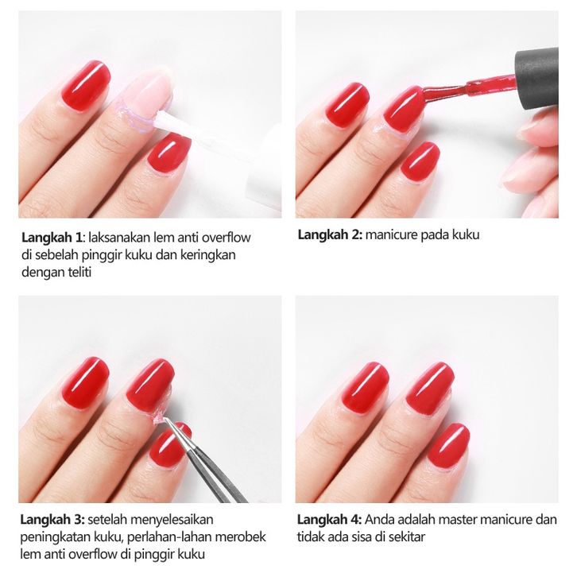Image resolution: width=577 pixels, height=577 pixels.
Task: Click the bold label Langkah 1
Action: coord(52,238)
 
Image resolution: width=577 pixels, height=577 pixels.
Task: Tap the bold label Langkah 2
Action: coord(330,234)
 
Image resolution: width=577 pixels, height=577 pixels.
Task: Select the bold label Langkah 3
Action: coord(52,520)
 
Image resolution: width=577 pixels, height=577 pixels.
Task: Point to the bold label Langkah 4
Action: coord(329,520)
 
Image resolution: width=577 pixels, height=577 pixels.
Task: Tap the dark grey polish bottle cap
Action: coord(536,79)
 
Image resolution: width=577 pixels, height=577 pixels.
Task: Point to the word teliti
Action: coord(79,273)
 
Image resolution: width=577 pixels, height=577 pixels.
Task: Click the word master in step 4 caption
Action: coord(458,520)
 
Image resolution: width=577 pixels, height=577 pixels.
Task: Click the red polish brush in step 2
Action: coord(467,88)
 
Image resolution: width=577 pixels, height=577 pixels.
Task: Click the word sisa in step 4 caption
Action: coord(360,537)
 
